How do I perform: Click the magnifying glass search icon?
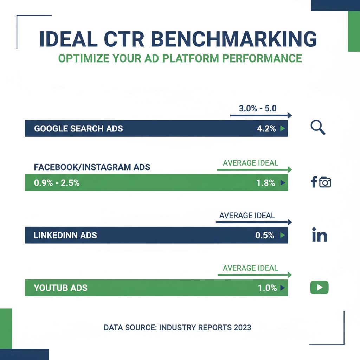coord(318,128)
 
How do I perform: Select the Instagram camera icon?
coord(325,182)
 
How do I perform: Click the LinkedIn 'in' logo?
coord(320,235)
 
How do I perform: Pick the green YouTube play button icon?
coord(319,288)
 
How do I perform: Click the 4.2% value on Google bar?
coord(266,129)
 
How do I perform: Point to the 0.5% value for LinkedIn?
coord(265,235)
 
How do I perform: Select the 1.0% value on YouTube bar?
coord(267,288)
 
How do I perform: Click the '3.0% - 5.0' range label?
coord(258,108)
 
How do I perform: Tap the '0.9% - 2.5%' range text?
coord(57,183)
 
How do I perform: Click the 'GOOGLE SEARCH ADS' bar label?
coord(78,129)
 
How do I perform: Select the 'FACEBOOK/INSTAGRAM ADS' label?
coord(92,167)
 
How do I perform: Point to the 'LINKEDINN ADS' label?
coord(65,235)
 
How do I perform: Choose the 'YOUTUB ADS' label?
coord(60,288)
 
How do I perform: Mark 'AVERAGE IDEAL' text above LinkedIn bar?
coord(247,215)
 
